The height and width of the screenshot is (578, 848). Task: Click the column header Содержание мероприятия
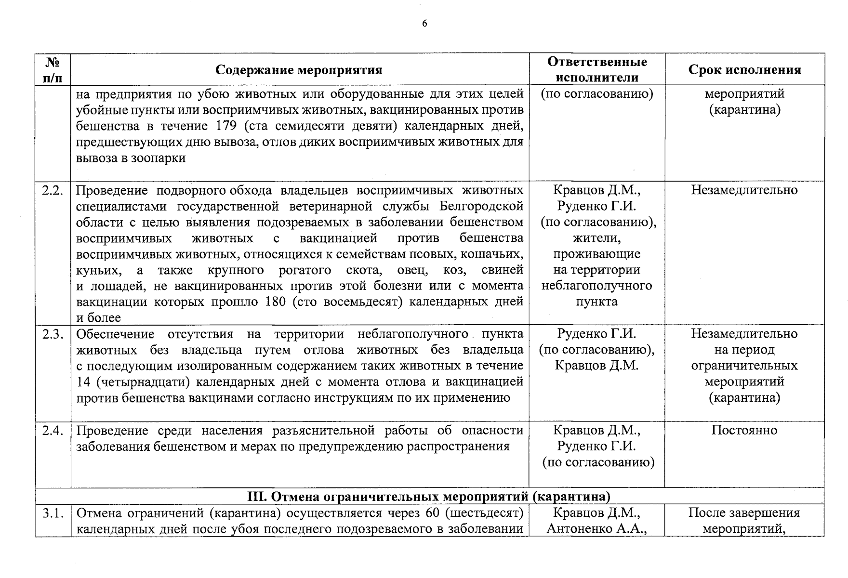[x=299, y=70]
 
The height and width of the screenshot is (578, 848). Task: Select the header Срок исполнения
[x=744, y=70]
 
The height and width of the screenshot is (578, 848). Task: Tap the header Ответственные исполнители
[x=597, y=69]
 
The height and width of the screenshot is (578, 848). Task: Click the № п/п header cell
[x=53, y=69]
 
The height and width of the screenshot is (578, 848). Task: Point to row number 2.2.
[x=53, y=190]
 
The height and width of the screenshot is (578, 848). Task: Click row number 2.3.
[x=53, y=334]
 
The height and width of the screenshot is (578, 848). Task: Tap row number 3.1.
[x=53, y=513]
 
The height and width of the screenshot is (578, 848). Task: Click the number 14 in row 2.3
[x=83, y=382]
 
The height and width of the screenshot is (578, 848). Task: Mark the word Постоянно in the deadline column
[x=744, y=430]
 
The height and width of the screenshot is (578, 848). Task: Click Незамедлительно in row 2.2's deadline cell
[x=744, y=190]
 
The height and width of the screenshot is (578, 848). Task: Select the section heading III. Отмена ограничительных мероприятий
[x=429, y=496]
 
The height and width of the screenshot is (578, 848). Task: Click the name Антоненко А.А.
[x=596, y=529]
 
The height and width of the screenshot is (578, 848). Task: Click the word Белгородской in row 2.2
[x=481, y=206]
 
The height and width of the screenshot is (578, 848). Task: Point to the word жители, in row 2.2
[x=596, y=238]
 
